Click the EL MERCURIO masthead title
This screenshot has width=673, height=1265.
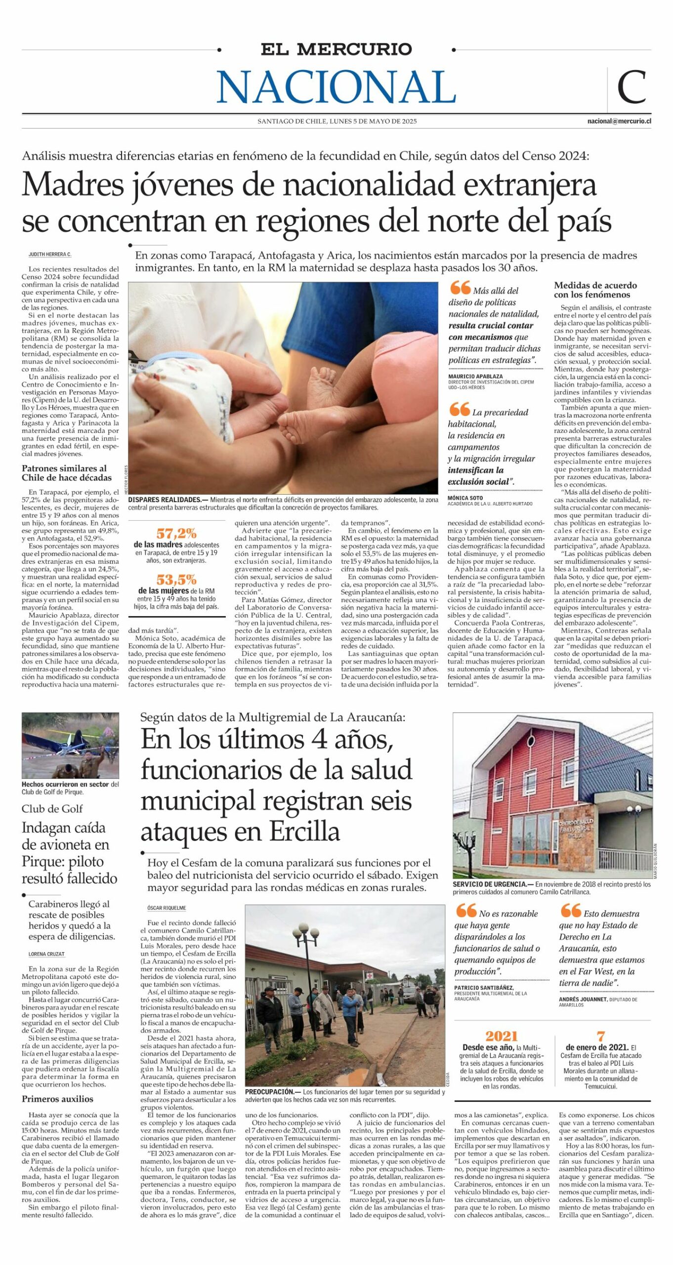pyautogui.click(x=336, y=49)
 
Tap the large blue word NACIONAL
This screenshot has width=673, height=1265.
pyautogui.click(x=336, y=87)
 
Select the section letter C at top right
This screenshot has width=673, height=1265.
pyautogui.click(x=631, y=87)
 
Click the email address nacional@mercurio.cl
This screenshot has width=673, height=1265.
pyautogui.click(x=619, y=121)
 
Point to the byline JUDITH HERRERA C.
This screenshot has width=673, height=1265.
pyautogui.click(x=50, y=254)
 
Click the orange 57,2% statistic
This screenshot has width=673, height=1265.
pyautogui.click(x=176, y=533)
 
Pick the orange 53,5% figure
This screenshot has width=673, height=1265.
pyautogui.click(x=176, y=579)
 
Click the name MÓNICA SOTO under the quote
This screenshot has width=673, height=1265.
pyautogui.click(x=465, y=498)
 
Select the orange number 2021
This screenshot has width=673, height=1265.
pyautogui.click(x=501, y=1036)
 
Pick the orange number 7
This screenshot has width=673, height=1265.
pyautogui.click(x=601, y=1036)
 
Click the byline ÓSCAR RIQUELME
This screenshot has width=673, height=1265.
pyautogui.click(x=167, y=908)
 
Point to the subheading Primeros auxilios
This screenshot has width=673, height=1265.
pyautogui.click(x=57, y=1099)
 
